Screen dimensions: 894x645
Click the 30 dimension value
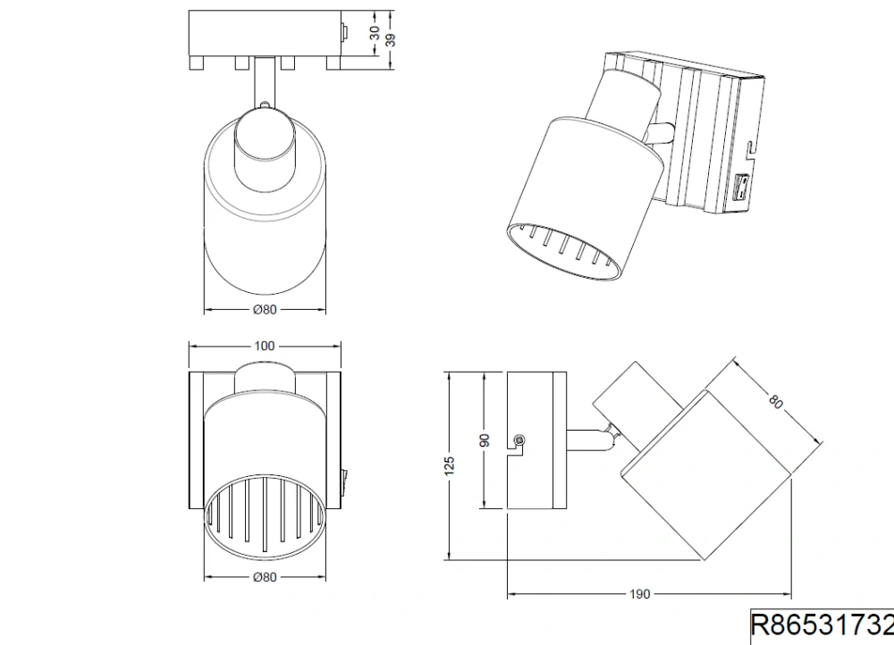pos(375,32)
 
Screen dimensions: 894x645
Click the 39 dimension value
pos(390,40)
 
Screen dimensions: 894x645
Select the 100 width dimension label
pos(264,346)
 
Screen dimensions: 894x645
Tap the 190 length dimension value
pos(640,594)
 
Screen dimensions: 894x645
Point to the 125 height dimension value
pos(450,465)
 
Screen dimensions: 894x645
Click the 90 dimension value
pos(485,440)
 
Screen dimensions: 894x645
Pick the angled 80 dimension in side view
pos(775,401)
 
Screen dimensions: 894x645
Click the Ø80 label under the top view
pos(265,309)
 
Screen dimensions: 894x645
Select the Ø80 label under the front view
pos(265,577)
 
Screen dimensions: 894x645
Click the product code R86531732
pos(822,624)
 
